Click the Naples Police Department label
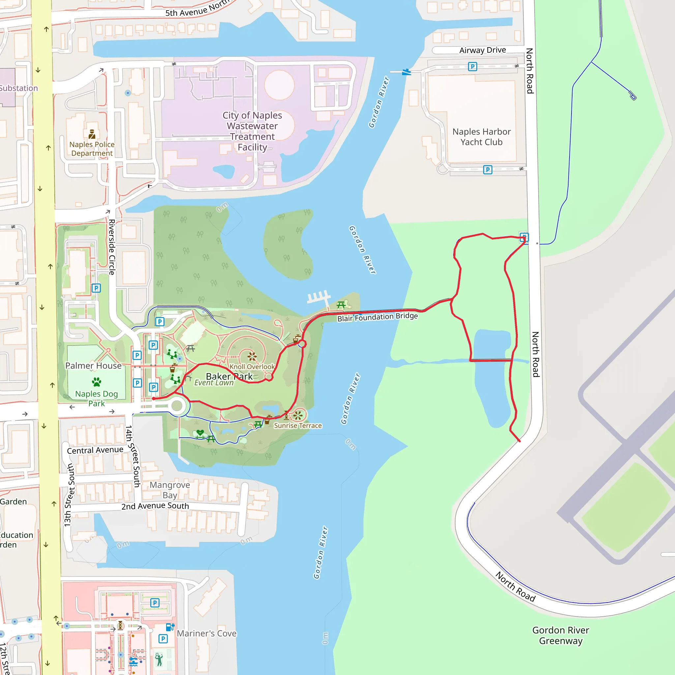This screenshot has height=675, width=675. (92, 149)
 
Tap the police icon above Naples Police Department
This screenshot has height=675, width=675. (92, 134)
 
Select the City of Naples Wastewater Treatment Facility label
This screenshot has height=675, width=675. (252, 131)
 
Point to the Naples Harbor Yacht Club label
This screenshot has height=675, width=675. (482, 137)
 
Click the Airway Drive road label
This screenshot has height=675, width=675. (483, 50)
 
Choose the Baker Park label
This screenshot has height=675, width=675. (229, 376)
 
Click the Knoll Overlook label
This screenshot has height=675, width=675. (252, 367)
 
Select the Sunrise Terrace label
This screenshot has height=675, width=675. (298, 426)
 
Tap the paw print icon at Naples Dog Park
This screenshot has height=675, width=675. (97, 382)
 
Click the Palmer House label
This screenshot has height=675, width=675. (93, 366)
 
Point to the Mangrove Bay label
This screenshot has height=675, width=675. (170, 490)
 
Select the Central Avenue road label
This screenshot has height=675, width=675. (95, 450)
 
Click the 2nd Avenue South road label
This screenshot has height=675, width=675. (155, 506)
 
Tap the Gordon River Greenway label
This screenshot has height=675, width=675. (560, 635)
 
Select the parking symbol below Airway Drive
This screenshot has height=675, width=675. (472, 66)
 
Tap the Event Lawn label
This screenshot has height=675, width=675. (214, 383)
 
